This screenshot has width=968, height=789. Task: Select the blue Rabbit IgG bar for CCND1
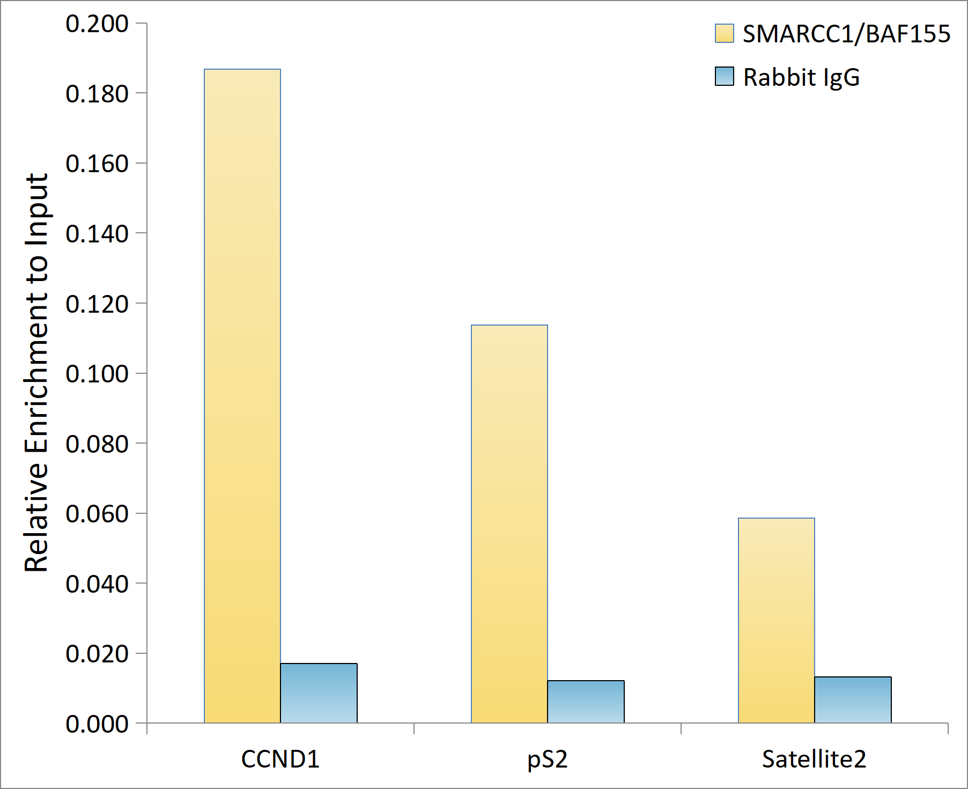[x=319, y=693]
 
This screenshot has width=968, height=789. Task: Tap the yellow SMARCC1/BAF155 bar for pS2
[x=509, y=523]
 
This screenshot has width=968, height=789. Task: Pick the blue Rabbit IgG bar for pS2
[x=586, y=702]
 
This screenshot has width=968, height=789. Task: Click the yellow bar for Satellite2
[x=777, y=620]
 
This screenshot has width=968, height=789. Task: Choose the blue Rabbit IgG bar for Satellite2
[x=853, y=700]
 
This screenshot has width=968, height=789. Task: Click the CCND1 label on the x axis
[x=280, y=759]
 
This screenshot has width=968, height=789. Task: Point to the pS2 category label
[x=547, y=759]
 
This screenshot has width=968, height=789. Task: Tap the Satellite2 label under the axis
[x=814, y=759]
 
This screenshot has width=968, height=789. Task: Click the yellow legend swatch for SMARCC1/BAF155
[x=724, y=33]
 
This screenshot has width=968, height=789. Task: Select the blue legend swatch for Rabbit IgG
[x=724, y=77]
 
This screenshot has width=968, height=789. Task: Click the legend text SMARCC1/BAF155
[x=846, y=34]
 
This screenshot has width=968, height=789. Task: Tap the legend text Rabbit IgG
[x=801, y=77]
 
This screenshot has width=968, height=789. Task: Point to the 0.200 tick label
[x=97, y=24]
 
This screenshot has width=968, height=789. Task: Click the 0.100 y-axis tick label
[x=97, y=374]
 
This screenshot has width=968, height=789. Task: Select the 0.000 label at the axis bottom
[x=97, y=724]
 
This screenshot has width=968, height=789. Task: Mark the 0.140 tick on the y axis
[x=97, y=234]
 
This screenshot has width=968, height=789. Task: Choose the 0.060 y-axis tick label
[x=97, y=514]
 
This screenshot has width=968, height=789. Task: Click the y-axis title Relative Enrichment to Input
[x=36, y=373]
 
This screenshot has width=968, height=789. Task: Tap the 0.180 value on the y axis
[x=97, y=94]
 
